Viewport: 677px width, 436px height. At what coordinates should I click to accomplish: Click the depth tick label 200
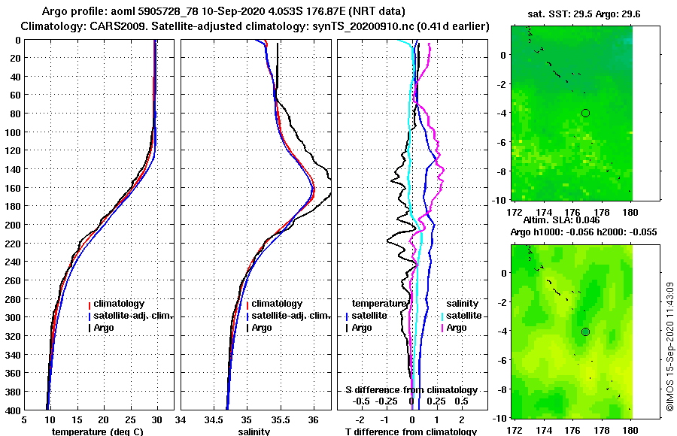[13, 225]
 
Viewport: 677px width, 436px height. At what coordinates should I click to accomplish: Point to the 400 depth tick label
[13, 410]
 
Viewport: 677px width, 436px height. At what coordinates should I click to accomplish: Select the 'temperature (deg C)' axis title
[97, 431]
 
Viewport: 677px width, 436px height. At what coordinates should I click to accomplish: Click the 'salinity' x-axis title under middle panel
[254, 431]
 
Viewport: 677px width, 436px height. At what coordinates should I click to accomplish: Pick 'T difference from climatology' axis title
[411, 431]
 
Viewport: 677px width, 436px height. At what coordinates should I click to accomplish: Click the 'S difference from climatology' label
[411, 390]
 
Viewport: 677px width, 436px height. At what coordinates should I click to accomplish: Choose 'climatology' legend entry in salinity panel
[276, 304]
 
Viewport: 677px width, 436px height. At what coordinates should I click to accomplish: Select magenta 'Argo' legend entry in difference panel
[456, 328]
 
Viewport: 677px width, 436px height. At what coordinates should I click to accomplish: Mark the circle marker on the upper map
[585, 113]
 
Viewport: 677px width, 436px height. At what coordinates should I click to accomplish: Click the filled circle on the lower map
[585, 332]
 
